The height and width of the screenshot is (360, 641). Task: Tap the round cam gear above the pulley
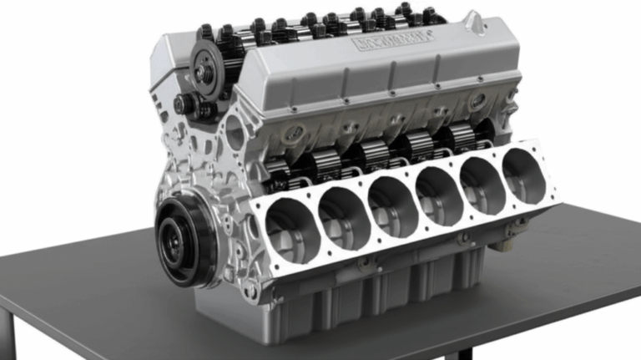pyautogui.click(x=205, y=67)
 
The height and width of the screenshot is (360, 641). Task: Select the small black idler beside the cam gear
pyautogui.click(x=185, y=105)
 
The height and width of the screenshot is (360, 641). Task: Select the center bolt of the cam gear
pyautogui.click(x=204, y=69)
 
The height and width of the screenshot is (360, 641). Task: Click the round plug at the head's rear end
pyautogui.click(x=478, y=101)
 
